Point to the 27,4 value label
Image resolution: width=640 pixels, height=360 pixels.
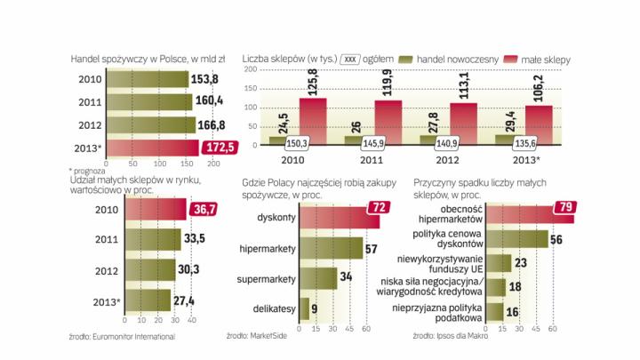tap(184, 300)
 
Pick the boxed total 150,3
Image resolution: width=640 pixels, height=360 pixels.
tap(299, 142)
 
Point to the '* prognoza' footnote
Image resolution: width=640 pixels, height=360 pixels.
tap(86, 169)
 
